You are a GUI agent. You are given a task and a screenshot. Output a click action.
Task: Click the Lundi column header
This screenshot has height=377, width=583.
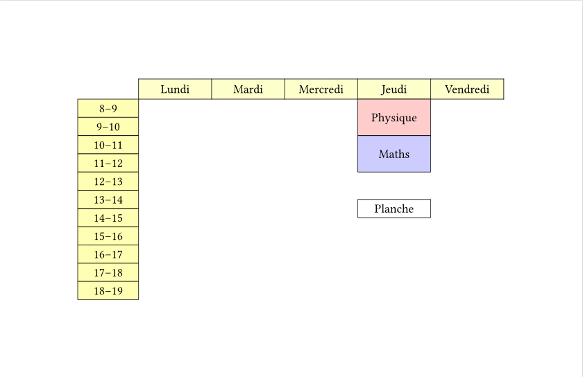(175, 89)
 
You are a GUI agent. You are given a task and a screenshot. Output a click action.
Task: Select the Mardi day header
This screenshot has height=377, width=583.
(248, 89)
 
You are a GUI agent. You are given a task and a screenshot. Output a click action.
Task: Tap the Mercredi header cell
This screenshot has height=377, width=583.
(321, 89)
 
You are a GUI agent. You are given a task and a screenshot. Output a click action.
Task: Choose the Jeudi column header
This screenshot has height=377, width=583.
(394, 89)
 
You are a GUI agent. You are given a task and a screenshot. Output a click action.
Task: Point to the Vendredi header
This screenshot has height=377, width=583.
(467, 89)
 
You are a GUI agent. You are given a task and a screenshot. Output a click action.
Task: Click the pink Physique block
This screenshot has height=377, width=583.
(394, 117)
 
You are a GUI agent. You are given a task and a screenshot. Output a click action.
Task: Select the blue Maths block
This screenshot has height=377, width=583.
(394, 154)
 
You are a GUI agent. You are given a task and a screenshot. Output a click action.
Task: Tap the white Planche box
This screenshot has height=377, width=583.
(394, 209)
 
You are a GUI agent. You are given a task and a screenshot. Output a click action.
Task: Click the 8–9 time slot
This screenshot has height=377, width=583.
(108, 109)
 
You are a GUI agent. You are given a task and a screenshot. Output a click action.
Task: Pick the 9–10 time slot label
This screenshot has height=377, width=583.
(108, 127)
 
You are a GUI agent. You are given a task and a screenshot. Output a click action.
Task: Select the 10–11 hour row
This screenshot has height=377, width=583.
(108, 145)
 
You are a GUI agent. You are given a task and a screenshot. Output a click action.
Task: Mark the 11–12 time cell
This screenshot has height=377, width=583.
(108, 163)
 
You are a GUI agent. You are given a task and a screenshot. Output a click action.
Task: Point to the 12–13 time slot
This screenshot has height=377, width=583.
(108, 182)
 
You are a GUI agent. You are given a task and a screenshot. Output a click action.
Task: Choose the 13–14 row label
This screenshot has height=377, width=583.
(108, 200)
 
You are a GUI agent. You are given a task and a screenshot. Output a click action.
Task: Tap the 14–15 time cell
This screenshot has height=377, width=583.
(108, 218)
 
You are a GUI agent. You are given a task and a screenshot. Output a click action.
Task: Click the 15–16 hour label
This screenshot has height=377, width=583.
(108, 236)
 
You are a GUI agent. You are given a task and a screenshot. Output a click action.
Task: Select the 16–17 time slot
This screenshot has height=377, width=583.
(108, 254)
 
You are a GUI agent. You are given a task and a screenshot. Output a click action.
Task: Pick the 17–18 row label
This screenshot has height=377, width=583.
(108, 272)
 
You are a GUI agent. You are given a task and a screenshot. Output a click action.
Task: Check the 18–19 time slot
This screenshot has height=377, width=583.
(108, 290)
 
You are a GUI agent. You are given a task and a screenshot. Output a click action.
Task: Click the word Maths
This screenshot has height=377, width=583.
(394, 154)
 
